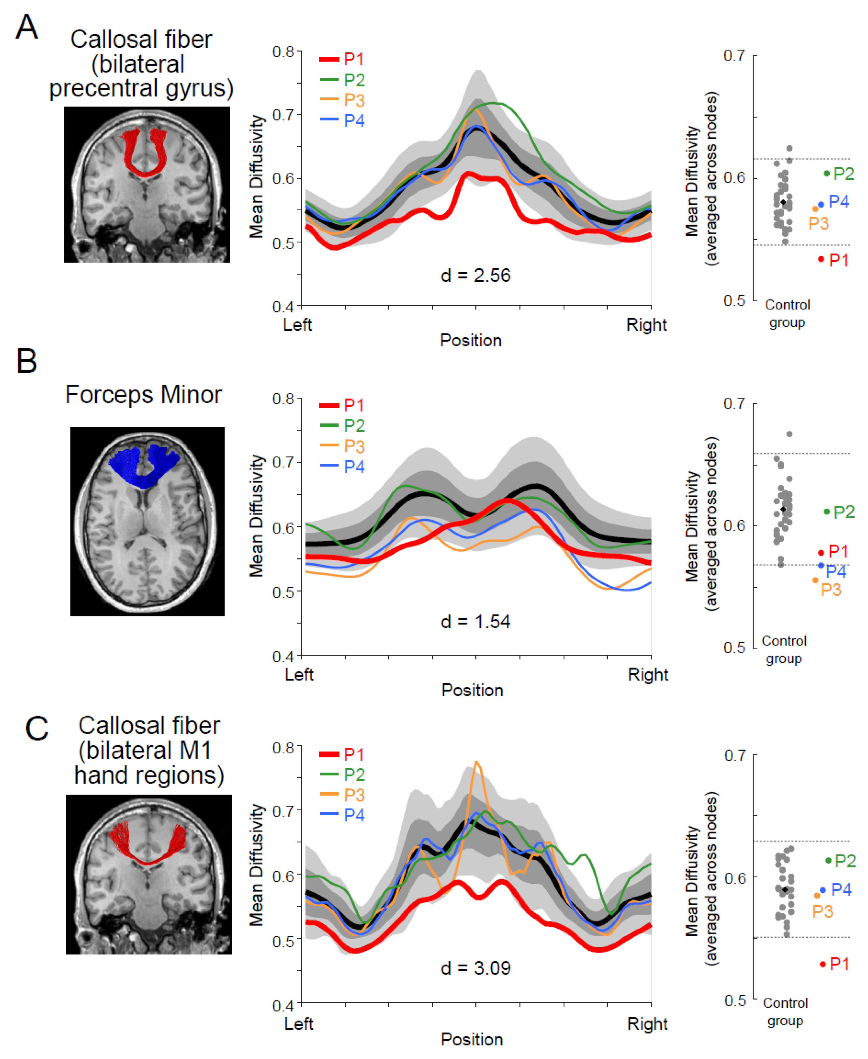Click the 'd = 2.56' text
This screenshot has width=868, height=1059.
point(475,276)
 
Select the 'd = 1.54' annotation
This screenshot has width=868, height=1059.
point(475,621)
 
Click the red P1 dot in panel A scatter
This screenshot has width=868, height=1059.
point(820,259)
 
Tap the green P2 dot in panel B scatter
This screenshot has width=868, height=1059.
point(826,511)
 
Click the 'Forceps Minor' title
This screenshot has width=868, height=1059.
point(144,394)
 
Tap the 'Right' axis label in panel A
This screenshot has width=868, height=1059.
point(646,325)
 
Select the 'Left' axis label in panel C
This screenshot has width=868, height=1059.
point(298,1023)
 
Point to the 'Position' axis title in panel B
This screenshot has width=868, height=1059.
point(472,690)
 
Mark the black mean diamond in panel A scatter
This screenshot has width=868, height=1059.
point(783,203)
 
